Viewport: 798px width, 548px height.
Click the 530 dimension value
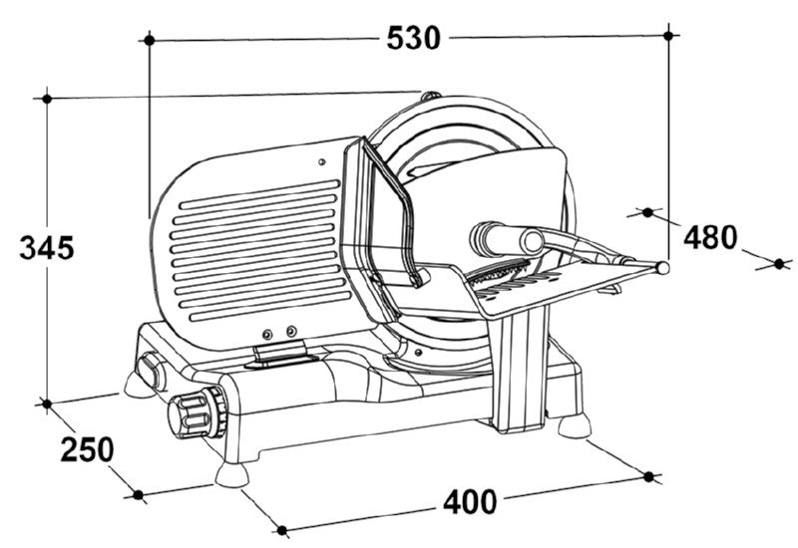[x=413, y=38]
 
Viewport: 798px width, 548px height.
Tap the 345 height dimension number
[x=47, y=248]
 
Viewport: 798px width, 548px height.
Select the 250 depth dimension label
[x=87, y=449]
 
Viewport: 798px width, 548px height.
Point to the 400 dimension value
[x=469, y=502]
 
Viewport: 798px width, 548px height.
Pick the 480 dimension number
[x=710, y=237]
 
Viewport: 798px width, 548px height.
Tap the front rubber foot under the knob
[x=232, y=475]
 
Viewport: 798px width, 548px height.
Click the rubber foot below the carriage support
[x=575, y=426]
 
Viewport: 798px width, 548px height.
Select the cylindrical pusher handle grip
[x=508, y=238]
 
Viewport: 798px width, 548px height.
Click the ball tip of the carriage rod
[x=662, y=267]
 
